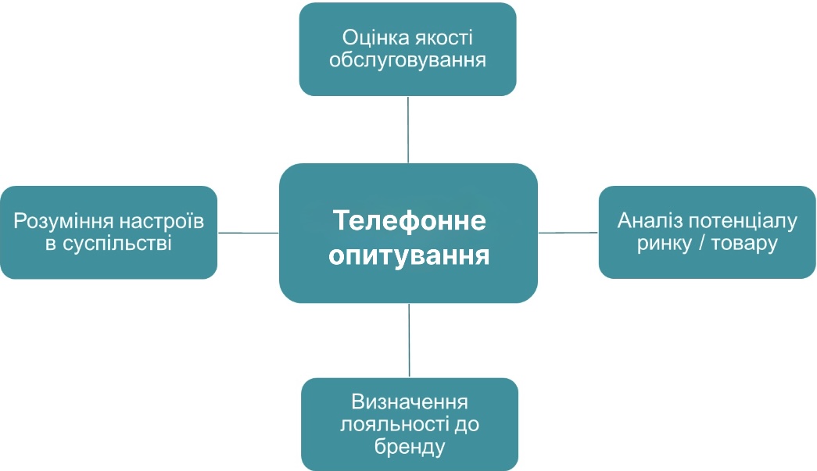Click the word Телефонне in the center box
point(409,220)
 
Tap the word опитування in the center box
point(409,255)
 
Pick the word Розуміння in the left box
point(60,221)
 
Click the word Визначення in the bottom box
point(410,402)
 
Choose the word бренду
point(410,448)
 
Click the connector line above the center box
point(408,130)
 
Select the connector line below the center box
point(409,341)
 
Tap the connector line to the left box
point(248,232)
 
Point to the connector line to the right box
point(568,232)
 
